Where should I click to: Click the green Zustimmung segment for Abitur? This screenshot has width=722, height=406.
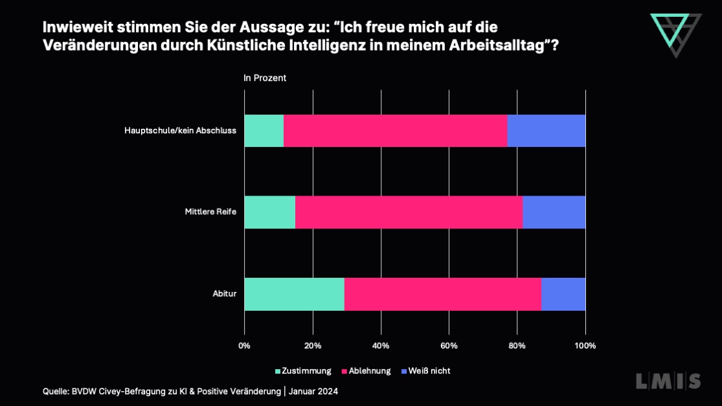coord(294,295)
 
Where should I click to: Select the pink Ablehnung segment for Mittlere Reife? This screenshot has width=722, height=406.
coord(409,212)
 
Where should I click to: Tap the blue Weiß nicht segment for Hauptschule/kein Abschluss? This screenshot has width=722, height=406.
coord(546,131)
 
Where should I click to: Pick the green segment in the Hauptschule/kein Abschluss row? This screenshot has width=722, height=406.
coord(264,131)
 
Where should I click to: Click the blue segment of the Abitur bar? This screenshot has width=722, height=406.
coord(563,295)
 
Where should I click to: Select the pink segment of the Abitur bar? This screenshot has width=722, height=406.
coord(442,295)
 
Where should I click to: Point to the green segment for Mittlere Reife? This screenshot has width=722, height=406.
coord(269,212)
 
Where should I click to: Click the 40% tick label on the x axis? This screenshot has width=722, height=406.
coord(381,346)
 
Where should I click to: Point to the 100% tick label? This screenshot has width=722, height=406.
coord(585,346)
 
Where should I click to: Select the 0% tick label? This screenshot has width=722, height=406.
coord(244,346)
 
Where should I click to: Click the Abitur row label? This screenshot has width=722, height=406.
coord(224,294)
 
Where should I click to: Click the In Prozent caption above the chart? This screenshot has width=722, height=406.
coord(264,78)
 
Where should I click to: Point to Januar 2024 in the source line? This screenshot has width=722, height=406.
coord(313,391)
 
